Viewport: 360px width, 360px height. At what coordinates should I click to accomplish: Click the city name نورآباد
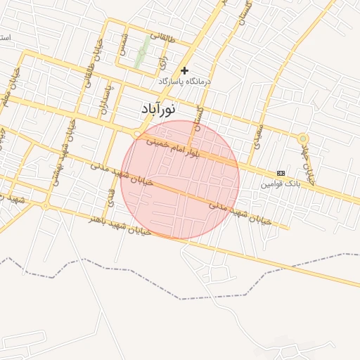(x=156, y=110)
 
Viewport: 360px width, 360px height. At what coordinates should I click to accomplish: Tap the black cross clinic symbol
(x=185, y=70)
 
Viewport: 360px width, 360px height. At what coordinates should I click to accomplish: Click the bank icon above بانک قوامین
(x=281, y=173)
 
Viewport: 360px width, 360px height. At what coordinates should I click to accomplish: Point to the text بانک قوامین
(x=281, y=184)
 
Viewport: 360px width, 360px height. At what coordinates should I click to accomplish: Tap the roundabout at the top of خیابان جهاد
(x=302, y=139)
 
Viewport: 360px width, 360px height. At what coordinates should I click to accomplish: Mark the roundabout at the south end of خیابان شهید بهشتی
(x=46, y=205)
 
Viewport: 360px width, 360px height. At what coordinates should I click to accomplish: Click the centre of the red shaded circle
(x=180, y=180)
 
